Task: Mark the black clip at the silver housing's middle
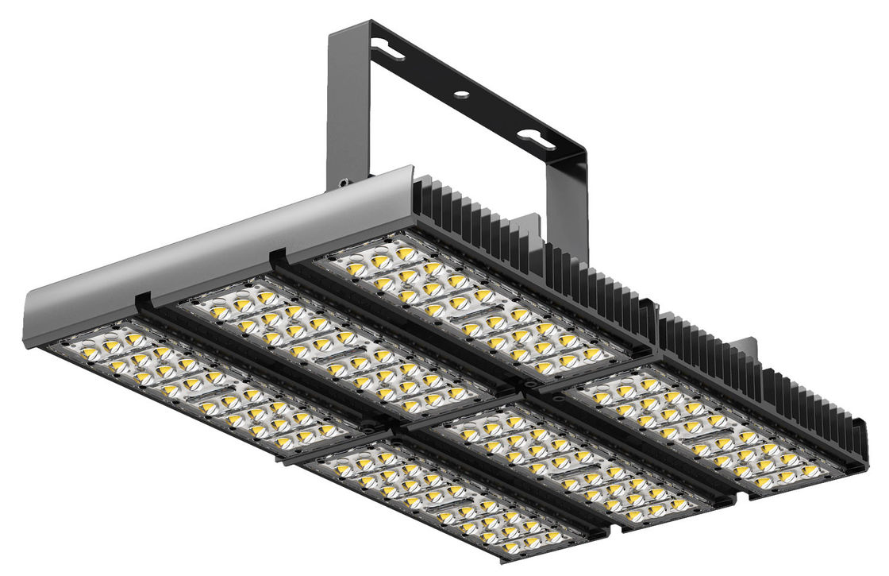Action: click(277, 257)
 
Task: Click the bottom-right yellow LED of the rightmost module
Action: click(809, 470)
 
